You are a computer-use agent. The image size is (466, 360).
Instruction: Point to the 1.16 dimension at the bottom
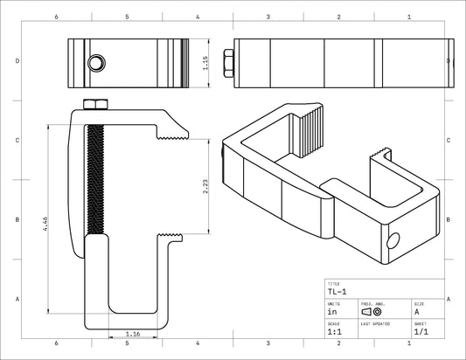[134, 333]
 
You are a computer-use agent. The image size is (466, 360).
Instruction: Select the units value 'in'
[332, 311]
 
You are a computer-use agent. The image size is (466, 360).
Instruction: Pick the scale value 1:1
[334, 331]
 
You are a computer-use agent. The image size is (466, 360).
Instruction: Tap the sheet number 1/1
[421, 331]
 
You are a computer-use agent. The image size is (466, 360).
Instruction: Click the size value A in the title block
[416, 311]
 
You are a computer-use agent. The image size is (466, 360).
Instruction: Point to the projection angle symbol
[372, 311]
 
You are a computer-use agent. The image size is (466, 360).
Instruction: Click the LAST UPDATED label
[375, 322]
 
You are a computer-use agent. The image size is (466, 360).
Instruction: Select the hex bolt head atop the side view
[94, 105]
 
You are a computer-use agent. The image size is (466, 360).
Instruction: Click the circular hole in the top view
[96, 62]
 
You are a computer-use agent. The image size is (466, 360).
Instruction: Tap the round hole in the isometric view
[393, 239]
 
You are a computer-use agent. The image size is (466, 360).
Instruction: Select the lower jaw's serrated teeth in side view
[172, 238]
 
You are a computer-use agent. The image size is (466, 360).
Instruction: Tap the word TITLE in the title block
[333, 284]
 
